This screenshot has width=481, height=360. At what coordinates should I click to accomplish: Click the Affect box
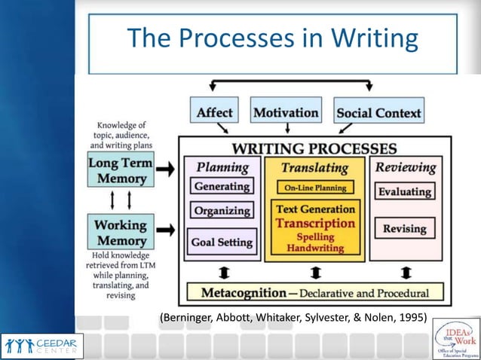point(215,113)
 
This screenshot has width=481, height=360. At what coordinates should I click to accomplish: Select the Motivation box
point(286,112)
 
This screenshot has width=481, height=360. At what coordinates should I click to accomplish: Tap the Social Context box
point(379,113)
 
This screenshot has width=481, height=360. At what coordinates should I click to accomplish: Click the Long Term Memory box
point(121,170)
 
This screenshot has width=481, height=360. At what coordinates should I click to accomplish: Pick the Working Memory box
point(121,232)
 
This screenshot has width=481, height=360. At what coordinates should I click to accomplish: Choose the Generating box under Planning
point(222,186)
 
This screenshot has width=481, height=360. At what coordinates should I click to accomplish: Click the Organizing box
point(222,211)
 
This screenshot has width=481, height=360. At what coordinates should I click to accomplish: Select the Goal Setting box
point(222,243)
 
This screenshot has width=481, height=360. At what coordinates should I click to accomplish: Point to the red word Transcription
point(315,223)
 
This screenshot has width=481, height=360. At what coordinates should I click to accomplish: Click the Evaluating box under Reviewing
point(404,192)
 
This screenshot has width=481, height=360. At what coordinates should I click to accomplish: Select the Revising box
point(404,228)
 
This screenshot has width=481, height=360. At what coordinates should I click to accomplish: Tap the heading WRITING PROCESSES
point(314,148)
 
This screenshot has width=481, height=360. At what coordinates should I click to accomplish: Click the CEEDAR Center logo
point(42,345)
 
